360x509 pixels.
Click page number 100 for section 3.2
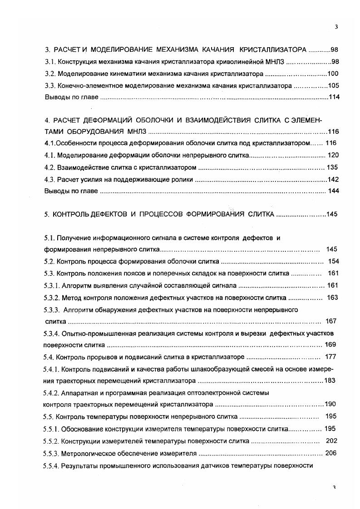333,73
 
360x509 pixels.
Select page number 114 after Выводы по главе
334,97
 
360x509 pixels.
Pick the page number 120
333,155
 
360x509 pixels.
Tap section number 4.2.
49,167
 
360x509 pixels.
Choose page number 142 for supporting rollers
333,179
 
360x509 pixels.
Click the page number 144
334,191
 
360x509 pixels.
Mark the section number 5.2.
49,261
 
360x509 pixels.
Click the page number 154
334,261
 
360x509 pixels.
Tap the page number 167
331,321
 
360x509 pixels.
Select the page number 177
331,357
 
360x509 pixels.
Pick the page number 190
331,404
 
